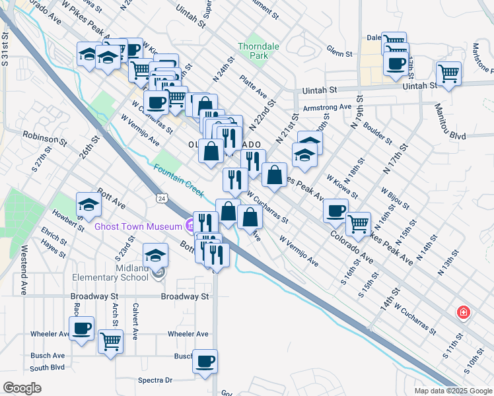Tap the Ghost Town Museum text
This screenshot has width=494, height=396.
coord(138,226)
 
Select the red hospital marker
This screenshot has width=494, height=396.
coord(464,313)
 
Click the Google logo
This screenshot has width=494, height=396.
coord(22,387)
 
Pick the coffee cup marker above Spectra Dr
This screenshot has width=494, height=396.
coord(205,362)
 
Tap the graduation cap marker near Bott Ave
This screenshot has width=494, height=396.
coord(88,204)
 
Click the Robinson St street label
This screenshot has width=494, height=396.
coord(45,137)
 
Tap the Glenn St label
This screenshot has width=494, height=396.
coord(339,52)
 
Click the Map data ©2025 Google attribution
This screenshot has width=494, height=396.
coord(452,391)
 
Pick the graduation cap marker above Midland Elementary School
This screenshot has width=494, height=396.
coord(156,254)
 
